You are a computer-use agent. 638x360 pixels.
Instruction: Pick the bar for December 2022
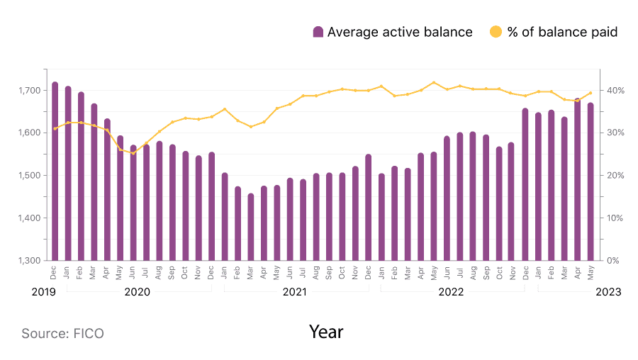click(x=525, y=184)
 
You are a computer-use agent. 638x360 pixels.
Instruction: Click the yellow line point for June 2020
click(x=133, y=153)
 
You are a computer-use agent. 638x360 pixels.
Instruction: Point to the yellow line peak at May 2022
click(x=434, y=82)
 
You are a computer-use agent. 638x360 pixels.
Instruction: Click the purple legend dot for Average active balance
click(x=318, y=32)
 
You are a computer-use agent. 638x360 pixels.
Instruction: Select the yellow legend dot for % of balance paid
click(x=496, y=32)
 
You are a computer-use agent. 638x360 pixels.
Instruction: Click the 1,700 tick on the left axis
click(x=33, y=91)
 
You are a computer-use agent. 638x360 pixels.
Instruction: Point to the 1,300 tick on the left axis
click(x=33, y=260)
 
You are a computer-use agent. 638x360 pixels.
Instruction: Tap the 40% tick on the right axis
click(x=613, y=91)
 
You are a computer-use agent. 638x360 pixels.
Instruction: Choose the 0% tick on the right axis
click(x=613, y=260)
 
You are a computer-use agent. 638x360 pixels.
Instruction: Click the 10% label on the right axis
click(x=613, y=218)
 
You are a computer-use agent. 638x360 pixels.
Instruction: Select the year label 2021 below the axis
click(x=296, y=292)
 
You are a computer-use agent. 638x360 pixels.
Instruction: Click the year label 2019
click(x=44, y=292)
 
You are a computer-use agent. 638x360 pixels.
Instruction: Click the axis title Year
click(x=326, y=332)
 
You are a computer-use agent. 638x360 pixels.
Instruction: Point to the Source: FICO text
click(x=62, y=333)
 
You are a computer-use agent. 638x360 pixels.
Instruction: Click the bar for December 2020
click(x=211, y=206)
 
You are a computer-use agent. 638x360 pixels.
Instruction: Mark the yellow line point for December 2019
click(x=55, y=128)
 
